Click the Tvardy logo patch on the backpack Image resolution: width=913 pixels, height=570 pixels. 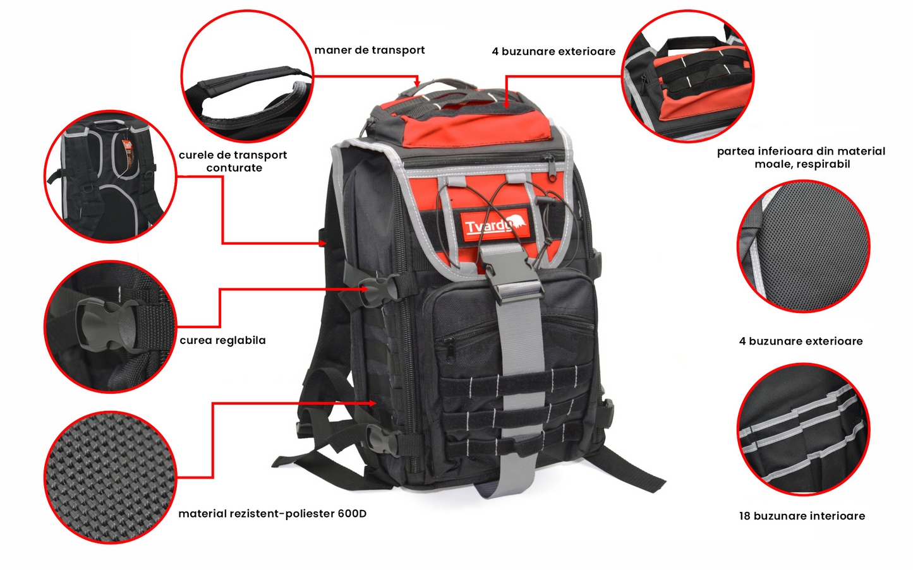[x=495, y=225]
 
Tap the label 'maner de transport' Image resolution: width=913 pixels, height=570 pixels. [x=370, y=50]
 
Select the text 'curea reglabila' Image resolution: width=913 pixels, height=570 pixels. [x=222, y=340]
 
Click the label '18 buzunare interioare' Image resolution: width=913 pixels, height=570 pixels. [x=802, y=516]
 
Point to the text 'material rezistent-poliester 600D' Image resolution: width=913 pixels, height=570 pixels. [x=272, y=514]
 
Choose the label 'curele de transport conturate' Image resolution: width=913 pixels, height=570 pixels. [x=233, y=161]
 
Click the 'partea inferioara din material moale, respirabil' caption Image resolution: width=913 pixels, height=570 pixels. [x=801, y=157]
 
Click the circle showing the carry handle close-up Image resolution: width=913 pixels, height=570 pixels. [x=247, y=76]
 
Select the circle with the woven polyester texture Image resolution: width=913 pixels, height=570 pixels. [x=110, y=477]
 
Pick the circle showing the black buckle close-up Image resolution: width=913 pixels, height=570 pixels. [x=110, y=326]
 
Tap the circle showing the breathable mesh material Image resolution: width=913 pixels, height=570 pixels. [x=804, y=247]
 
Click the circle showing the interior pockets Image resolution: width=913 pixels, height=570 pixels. [x=803, y=429]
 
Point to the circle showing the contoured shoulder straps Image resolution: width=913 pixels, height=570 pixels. [x=110, y=177]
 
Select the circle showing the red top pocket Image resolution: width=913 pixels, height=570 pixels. [x=688, y=76]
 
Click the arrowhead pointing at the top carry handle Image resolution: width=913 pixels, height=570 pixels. [x=416, y=83]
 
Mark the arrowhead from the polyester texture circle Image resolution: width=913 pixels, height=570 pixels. [x=373, y=403]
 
